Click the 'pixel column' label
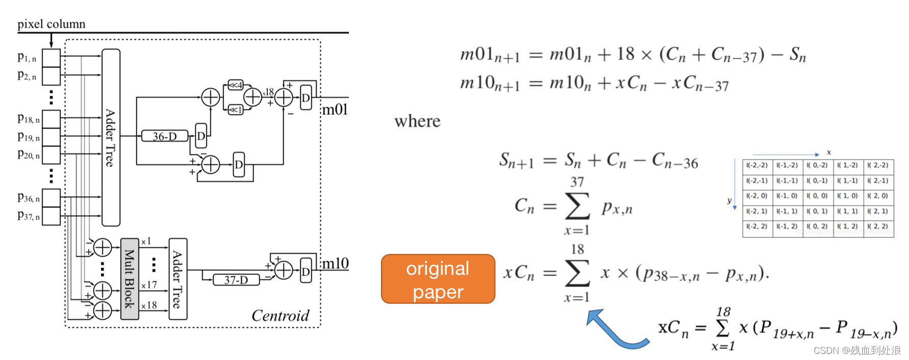tap(51, 24)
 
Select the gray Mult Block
tap(130, 278)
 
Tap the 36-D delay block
tap(164, 136)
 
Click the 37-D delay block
tap(236, 279)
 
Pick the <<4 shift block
tap(235, 85)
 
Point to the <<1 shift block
tap(235, 110)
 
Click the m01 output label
tap(335, 110)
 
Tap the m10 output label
tap(335, 263)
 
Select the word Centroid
tap(280, 316)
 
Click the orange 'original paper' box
tap(438, 279)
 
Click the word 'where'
tap(417, 121)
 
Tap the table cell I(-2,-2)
tap(757, 165)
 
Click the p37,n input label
tap(28, 216)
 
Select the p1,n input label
tap(27, 57)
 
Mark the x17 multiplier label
tap(149, 285)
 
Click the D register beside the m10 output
tap(306, 271)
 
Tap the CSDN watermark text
tap(857, 350)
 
